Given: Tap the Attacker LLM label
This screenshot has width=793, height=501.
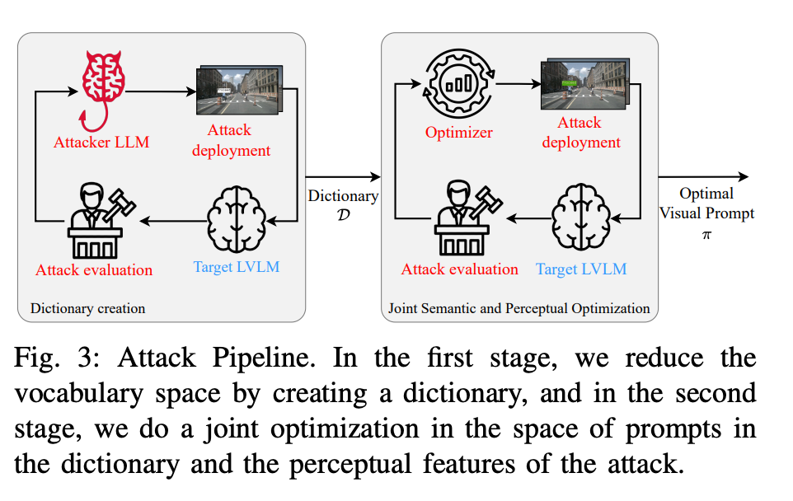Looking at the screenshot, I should pyautogui.click(x=101, y=142).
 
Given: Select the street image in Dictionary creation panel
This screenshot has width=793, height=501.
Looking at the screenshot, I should pyautogui.click(x=239, y=89).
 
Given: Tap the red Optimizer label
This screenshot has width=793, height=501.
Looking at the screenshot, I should pyautogui.click(x=458, y=133).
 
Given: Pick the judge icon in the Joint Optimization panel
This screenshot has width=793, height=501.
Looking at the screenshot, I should pyautogui.click(x=458, y=222).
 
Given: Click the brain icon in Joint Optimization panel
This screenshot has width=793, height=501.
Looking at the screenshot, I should pyautogui.click(x=580, y=219).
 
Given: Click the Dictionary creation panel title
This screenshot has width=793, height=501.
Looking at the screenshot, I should pyautogui.click(x=87, y=309).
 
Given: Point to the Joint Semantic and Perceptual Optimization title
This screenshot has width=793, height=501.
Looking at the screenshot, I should pyautogui.click(x=518, y=309).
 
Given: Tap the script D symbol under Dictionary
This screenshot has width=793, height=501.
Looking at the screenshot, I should pyautogui.click(x=342, y=214).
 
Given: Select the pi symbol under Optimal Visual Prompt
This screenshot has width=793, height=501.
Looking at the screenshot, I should pyautogui.click(x=706, y=235).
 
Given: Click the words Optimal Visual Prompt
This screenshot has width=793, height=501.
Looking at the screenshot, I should pyautogui.click(x=706, y=204).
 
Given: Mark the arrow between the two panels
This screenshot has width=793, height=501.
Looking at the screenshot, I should pyautogui.click(x=342, y=176).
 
